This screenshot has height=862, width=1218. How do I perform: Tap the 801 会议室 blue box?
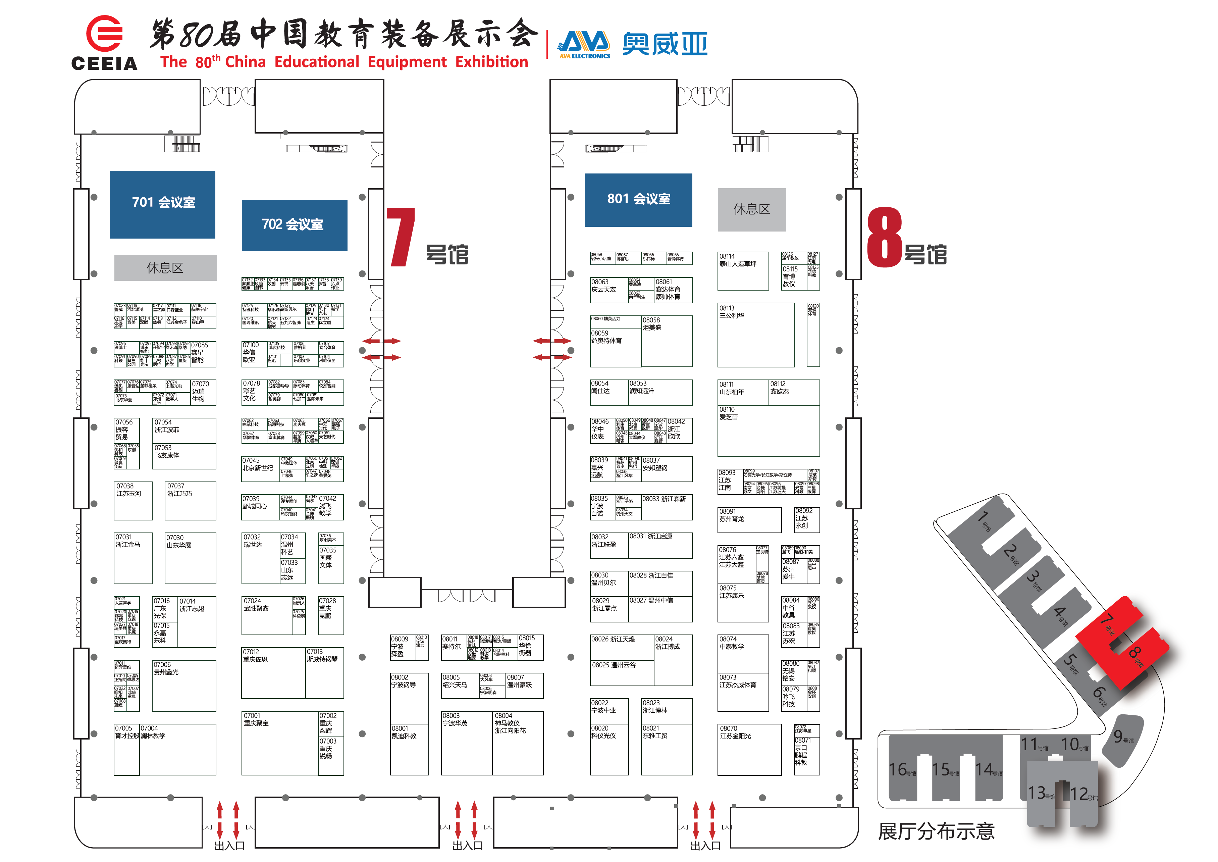pyautogui.click(x=638, y=200)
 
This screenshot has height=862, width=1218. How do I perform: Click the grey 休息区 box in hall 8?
pyautogui.click(x=751, y=210)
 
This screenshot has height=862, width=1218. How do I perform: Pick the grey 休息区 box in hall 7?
pyautogui.click(x=165, y=267)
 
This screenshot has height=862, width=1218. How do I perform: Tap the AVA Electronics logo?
pyautogui.click(x=585, y=45)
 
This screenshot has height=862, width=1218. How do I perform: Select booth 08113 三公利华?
pyautogui.click(x=755, y=335)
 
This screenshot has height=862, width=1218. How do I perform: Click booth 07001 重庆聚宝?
pyautogui.click(x=279, y=743)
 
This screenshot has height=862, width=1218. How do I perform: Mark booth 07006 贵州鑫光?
pyautogui.click(x=183, y=685)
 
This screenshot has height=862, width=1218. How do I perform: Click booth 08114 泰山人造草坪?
pyautogui.click(x=743, y=271)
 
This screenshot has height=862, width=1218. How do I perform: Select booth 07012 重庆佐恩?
pyautogui.click(x=273, y=672)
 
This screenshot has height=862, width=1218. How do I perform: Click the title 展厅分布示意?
pyautogui.click(x=936, y=831)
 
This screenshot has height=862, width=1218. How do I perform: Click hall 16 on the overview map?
pyautogui.click(x=902, y=770)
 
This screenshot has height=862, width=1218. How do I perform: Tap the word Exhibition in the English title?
pyautogui.click(x=491, y=62)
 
